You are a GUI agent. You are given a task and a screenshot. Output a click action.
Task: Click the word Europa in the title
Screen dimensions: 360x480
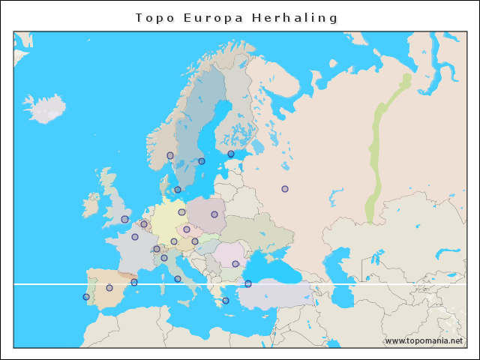point(212,17)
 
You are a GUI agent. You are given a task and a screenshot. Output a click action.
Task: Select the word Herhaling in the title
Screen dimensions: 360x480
point(297,17)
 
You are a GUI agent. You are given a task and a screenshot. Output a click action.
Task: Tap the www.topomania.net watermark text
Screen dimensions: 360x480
point(424,340)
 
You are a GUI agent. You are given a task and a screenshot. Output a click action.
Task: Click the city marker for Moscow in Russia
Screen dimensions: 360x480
point(285,189)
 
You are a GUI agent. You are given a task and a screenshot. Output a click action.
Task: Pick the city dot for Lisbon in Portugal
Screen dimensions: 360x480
point(86,297)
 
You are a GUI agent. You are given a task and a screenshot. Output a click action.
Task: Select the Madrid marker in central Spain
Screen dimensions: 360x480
point(109,288)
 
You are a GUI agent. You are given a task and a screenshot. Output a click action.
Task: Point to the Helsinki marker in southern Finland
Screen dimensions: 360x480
point(231,154)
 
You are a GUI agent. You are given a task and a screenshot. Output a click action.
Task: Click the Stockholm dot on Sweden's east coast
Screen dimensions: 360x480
point(202,161)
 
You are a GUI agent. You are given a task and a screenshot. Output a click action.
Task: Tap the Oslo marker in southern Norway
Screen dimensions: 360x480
point(170,156)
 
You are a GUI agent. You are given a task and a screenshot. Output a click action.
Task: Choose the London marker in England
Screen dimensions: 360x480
point(124,219)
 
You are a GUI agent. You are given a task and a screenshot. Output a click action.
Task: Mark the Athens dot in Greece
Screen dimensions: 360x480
point(226,301)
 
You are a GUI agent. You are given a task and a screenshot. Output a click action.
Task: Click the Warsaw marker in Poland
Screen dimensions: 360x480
point(214,214)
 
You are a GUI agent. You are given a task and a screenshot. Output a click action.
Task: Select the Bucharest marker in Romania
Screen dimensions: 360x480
point(235,263)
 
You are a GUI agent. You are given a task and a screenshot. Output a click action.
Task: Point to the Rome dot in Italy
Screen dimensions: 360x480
point(178,279)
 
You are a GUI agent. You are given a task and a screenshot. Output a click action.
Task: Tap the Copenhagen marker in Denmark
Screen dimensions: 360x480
point(178,190)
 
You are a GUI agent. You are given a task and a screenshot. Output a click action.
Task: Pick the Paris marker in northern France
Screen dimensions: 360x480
point(135,237)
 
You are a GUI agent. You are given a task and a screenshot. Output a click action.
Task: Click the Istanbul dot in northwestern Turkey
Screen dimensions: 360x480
point(248,284)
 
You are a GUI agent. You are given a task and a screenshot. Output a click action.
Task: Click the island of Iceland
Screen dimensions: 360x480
point(45,109)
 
